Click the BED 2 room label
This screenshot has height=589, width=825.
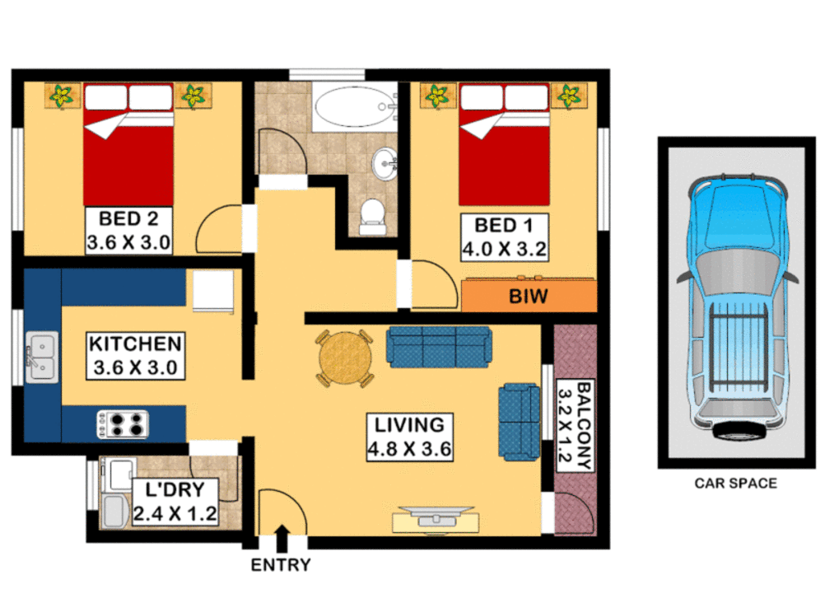129,220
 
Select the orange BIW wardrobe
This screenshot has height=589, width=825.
529,296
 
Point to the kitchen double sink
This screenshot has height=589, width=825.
41,356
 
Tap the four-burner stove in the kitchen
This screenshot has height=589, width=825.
123,424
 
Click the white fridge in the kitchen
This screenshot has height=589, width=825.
214,292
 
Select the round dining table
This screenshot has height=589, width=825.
345,358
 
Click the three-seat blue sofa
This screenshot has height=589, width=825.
439,346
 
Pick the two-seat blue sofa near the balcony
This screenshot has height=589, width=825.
519,421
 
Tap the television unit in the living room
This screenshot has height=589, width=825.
436,518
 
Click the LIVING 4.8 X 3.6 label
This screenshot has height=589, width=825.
409,437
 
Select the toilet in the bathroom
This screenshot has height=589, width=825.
373,214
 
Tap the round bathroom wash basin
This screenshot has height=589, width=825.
385,163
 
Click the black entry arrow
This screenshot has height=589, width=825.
282,539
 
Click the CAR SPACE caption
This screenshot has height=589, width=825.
735,484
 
